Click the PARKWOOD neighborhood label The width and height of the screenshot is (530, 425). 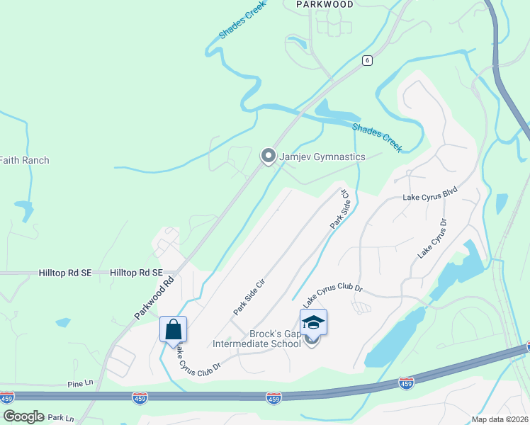[324, 4]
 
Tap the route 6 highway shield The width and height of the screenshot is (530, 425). [366, 60]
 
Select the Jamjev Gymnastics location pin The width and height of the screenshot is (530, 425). [268, 156]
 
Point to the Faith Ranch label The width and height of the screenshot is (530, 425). [24, 160]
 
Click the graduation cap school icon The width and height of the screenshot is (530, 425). [313, 322]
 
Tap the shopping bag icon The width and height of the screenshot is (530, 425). [173, 329]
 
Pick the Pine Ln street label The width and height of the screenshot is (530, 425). [80, 383]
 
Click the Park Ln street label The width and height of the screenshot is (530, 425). [61, 419]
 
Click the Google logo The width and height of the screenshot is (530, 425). [23, 416]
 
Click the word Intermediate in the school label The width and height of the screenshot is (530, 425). [246, 345]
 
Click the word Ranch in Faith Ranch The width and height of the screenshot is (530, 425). [35, 160]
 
